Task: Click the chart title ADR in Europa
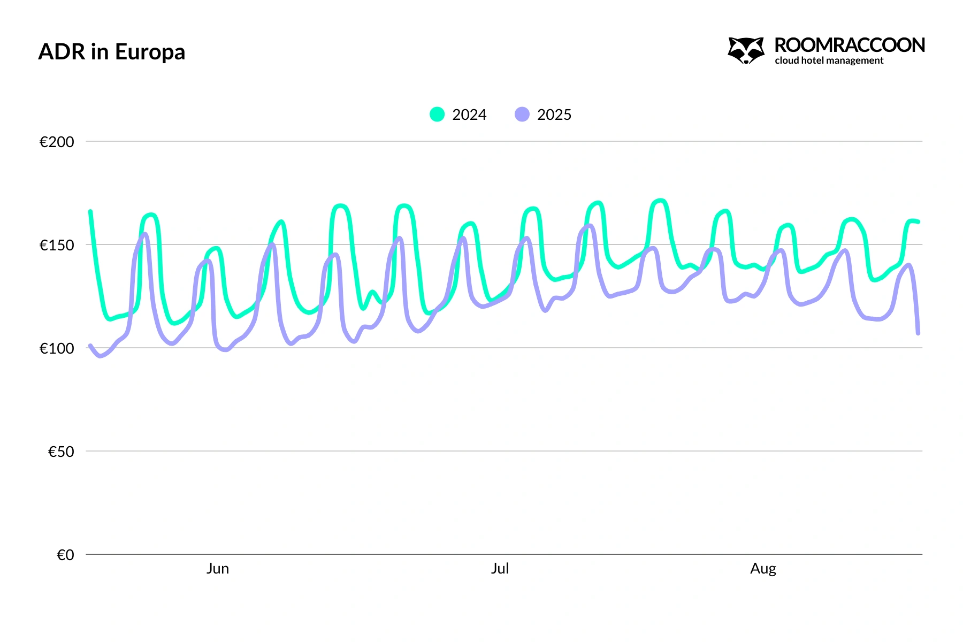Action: (112, 52)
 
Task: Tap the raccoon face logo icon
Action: (746, 50)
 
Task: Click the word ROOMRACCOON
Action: (850, 45)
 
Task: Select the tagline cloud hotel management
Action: (829, 61)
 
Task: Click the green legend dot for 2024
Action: (437, 114)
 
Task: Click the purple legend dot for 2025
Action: (522, 114)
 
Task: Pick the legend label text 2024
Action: (469, 114)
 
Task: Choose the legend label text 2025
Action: (554, 114)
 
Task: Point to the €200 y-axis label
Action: (57, 142)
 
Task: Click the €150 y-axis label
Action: (57, 245)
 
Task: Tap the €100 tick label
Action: (57, 348)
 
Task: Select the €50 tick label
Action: (61, 452)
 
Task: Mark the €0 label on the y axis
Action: (65, 555)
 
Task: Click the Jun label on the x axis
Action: (218, 568)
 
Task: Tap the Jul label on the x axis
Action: (500, 568)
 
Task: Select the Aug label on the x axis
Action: (763, 568)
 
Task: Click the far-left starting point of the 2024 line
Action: (90, 211)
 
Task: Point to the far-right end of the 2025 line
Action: (918, 333)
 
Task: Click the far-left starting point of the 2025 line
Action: (90, 346)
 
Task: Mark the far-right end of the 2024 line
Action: (918, 221)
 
